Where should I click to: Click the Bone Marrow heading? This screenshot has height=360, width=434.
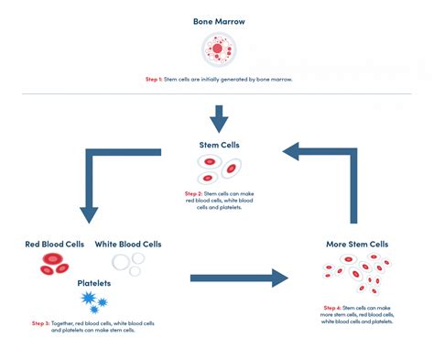(x=217, y=21)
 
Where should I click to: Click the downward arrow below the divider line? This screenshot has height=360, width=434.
(x=217, y=118)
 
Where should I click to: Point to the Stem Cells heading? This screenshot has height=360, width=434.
(x=218, y=145)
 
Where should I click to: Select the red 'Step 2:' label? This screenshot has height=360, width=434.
(x=192, y=194)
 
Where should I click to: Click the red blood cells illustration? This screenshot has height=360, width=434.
(x=53, y=265)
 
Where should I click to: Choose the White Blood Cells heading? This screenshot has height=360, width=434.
(x=128, y=245)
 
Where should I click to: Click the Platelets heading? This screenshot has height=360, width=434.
(x=94, y=283)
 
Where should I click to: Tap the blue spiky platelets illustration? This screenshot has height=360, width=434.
(x=94, y=300)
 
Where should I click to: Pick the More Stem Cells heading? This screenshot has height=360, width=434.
(x=357, y=245)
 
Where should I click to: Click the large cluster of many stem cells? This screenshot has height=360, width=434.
(x=357, y=274)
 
